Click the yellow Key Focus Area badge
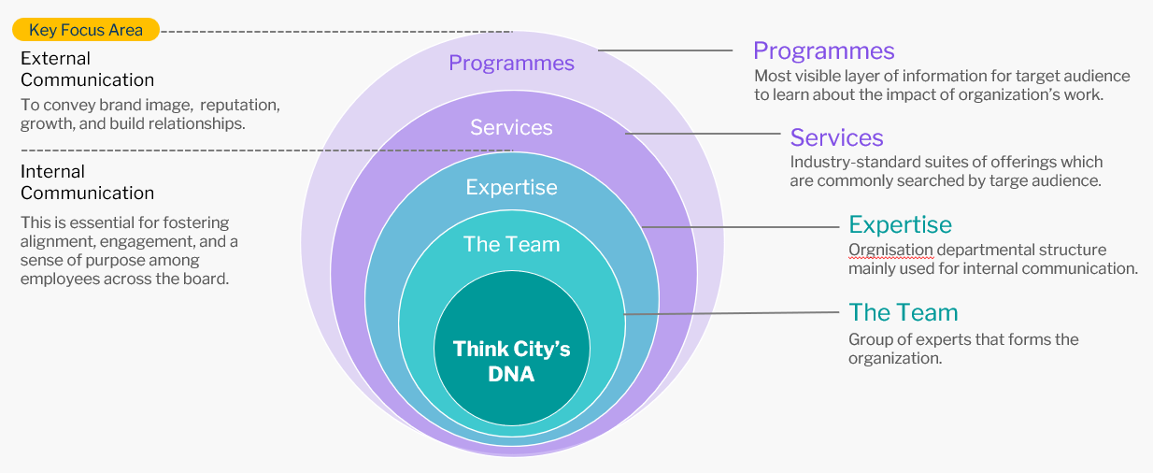pos(86,29)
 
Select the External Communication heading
pos(88,69)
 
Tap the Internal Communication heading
pos(88,182)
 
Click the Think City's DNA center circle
pos(512,349)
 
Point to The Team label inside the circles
pos(512,244)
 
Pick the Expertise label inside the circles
pos(512,187)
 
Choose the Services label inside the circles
pos(512,127)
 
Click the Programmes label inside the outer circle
pos(512,64)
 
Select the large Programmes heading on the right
pos(823,51)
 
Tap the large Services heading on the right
pos(837,137)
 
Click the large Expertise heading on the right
pos(901,225)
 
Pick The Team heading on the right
pos(904,312)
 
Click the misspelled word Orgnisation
pos(890,251)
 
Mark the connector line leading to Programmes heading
pos(665,50)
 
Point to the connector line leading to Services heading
pos(704,134)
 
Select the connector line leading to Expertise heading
pos(741,226)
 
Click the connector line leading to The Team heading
pos(732,313)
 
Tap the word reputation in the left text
pos(240,105)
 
